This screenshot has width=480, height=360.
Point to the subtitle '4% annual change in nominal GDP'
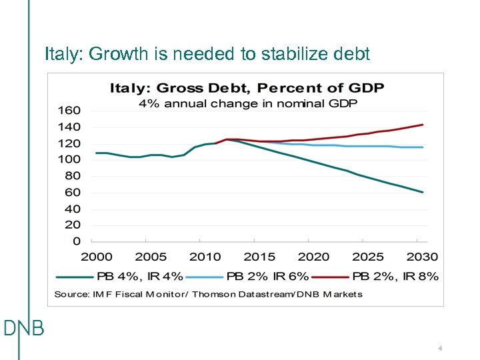[x=248, y=103]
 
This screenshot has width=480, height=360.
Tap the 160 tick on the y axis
[x=69, y=111]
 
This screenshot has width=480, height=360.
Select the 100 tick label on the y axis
[x=69, y=159]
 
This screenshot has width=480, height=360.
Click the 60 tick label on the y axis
[x=73, y=193]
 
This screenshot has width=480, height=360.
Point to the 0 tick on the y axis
[x=76, y=241]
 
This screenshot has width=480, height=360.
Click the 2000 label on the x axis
[x=97, y=257]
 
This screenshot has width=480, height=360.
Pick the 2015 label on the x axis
[x=259, y=257]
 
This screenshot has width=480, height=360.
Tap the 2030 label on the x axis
[x=422, y=257]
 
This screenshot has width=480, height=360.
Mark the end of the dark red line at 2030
[x=423, y=125]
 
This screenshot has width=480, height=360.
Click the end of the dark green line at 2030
[x=423, y=192]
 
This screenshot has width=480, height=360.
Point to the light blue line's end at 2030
[x=423, y=147]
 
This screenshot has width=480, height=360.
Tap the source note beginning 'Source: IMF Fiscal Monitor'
[x=208, y=294]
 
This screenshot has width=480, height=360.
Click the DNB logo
[x=24, y=329]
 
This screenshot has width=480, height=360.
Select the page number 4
[x=441, y=349]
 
